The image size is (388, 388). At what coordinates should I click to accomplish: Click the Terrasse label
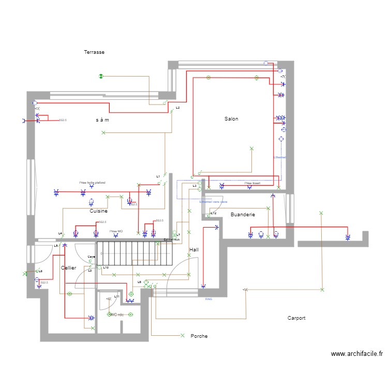(x=95, y=52)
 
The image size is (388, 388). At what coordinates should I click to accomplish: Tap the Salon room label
(x=231, y=119)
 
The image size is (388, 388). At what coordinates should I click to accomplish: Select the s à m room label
(x=102, y=120)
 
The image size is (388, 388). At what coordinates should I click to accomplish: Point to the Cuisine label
(x=98, y=211)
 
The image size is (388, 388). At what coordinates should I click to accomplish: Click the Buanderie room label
(x=243, y=214)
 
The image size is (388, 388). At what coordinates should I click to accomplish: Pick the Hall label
(x=194, y=250)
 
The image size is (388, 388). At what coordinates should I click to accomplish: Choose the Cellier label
(x=68, y=268)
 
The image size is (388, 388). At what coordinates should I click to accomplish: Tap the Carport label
(x=296, y=318)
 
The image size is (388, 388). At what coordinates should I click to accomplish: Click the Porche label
(x=199, y=336)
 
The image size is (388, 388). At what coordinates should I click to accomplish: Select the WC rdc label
(x=116, y=315)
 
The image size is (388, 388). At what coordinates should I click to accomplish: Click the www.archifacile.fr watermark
(x=357, y=354)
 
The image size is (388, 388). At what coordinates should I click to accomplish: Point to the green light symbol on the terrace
(x=101, y=77)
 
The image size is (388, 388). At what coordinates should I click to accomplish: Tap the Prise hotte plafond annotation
(x=92, y=183)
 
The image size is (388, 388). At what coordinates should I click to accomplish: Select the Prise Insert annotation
(x=252, y=183)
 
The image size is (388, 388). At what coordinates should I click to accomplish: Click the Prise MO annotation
(x=116, y=231)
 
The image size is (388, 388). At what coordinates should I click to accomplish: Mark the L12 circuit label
(x=213, y=213)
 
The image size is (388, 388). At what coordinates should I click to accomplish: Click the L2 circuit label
(x=177, y=108)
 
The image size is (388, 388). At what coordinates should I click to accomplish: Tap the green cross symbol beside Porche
(x=182, y=335)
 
